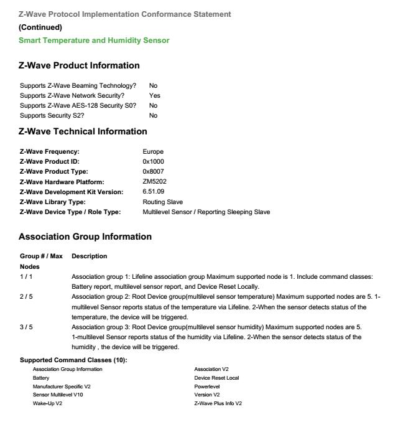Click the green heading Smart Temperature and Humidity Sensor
tap(94, 40)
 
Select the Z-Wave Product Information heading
tap(79, 65)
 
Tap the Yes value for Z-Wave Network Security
tap(154, 96)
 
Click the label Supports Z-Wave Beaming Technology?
tap(78, 86)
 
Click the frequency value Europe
tap(153, 152)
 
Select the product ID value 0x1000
tap(153, 162)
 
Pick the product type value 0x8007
tap(153, 172)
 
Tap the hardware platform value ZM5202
tap(154, 182)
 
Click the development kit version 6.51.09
tap(154, 192)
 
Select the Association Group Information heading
tap(85, 237)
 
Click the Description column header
tap(90, 256)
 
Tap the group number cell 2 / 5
tap(26, 297)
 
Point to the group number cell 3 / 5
tap(26, 327)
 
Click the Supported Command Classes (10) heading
tap(73, 360)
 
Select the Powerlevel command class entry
tap(208, 386)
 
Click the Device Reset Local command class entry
tap(216, 377)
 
